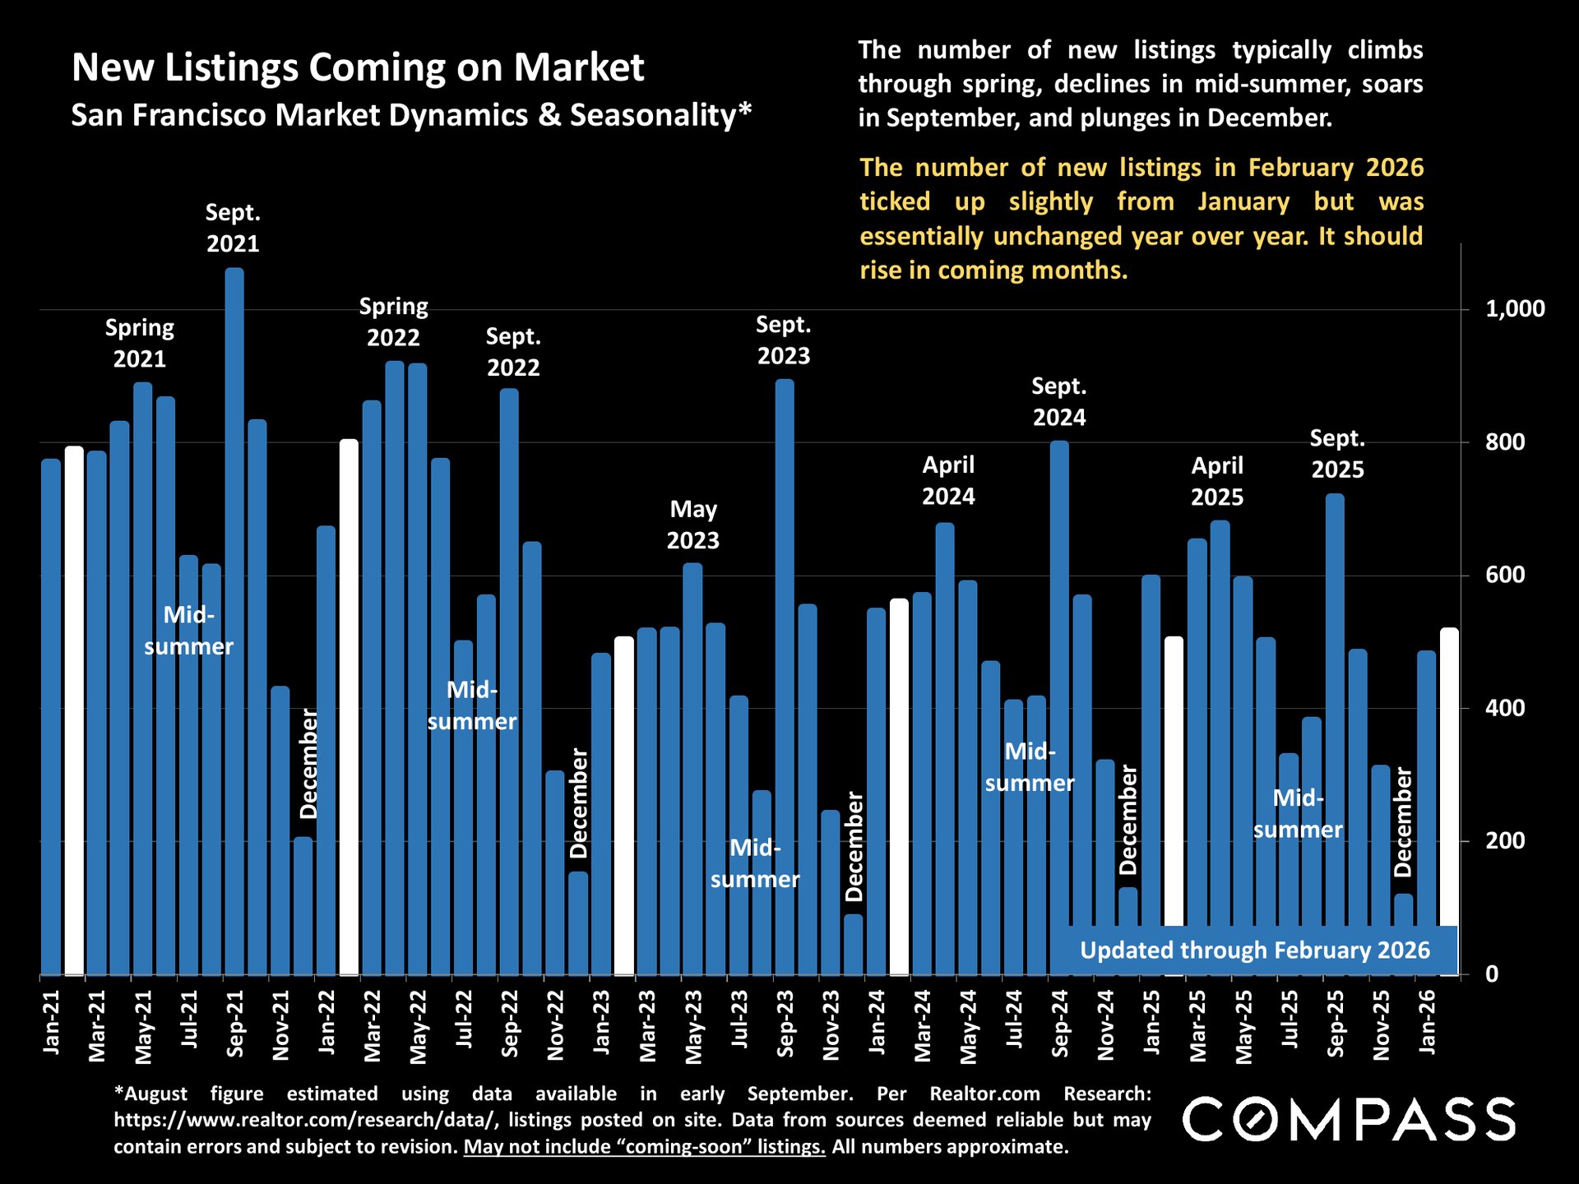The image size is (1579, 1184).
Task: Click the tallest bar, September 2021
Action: coord(234,617)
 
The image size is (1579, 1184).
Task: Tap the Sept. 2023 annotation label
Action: coord(783,340)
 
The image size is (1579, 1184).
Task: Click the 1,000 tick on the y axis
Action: coord(1514,309)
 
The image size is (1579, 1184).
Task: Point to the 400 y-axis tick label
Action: coord(1504,708)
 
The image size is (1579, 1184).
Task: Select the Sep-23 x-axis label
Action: coord(785,1024)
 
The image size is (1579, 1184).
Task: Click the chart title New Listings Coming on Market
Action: coord(358,67)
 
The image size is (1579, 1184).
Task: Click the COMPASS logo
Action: coord(1349,1120)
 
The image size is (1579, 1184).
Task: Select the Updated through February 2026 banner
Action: coord(1254,950)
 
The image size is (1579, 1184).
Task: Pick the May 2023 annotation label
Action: coord(692,525)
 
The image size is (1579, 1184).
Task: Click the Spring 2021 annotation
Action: coord(139,343)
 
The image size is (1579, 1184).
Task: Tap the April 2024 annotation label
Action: coord(947,480)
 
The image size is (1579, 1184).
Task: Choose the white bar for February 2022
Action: coord(350,707)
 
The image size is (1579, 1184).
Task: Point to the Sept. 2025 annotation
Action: coord(1337,454)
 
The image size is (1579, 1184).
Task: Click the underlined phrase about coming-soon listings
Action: coord(644,1147)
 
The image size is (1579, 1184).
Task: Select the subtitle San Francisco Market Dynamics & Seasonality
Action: coord(411,115)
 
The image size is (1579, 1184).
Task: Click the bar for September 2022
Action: coord(509,682)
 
